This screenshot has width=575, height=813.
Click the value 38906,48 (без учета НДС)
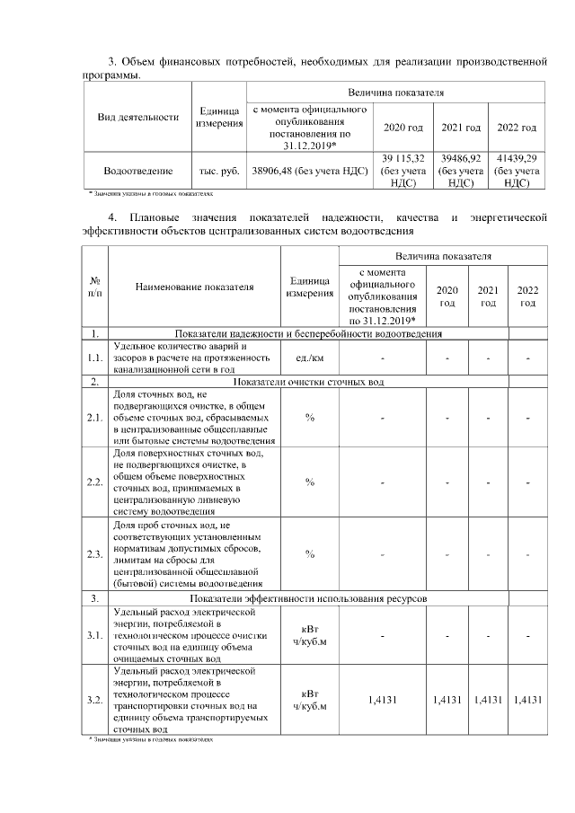point(311,170)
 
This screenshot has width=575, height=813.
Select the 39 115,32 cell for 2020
point(402,170)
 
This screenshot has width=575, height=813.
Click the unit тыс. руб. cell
point(219,170)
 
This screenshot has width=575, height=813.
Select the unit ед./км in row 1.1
point(309,358)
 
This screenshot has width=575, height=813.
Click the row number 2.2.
point(95,482)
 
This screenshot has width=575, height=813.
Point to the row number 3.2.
point(95,700)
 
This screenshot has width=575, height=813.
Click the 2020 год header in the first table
point(402,128)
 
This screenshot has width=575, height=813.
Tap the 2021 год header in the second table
point(488,296)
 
